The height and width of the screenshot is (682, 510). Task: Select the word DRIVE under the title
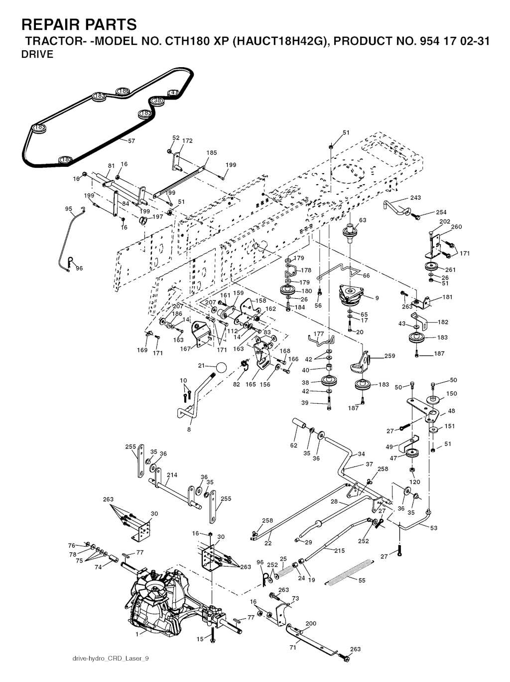coord(37,55)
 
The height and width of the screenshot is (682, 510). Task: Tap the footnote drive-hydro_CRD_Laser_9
coord(111,659)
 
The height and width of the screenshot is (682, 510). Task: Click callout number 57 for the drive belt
coord(131,141)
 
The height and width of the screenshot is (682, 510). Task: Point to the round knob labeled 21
coord(220,367)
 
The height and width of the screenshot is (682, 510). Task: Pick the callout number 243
coord(415,198)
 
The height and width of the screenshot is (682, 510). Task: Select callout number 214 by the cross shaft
coord(172,475)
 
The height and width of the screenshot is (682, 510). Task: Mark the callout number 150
coord(451,393)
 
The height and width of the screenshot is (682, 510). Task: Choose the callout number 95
coord(69,209)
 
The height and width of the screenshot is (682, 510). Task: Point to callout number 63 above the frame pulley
coord(363,220)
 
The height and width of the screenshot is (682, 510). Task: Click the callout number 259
coord(389,356)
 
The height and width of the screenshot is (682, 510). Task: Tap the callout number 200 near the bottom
coord(311,623)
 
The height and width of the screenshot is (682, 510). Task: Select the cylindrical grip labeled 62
coord(300,426)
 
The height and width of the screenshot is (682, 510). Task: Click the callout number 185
coord(212,153)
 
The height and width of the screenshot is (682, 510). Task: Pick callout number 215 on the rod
coord(339,551)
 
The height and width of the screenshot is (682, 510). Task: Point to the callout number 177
coord(319,334)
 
